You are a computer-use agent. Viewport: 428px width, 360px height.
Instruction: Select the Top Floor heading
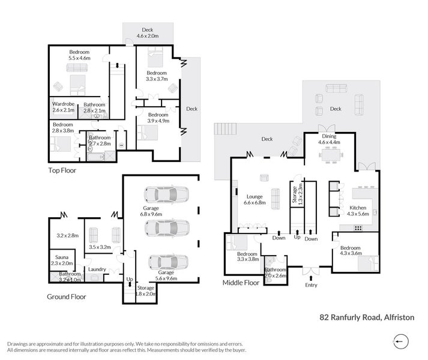tap(62, 170)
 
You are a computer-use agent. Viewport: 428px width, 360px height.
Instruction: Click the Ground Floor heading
tap(67, 296)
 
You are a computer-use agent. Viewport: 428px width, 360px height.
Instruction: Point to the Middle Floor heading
tap(241, 282)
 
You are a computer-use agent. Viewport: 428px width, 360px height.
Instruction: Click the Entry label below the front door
tap(311, 285)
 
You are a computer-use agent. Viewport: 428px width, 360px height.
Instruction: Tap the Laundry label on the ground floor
tap(97, 269)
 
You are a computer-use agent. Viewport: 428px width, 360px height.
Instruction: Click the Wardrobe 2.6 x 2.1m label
tap(64, 107)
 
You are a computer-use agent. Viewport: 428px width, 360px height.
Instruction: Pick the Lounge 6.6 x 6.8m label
tap(258, 199)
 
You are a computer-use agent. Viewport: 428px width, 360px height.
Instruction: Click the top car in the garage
tap(166, 195)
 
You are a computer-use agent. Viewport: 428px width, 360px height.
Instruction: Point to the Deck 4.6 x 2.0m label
tap(147, 33)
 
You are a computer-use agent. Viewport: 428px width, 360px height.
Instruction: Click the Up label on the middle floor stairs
tap(297, 238)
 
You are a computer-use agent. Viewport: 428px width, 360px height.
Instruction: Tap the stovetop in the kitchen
tap(358, 227)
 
